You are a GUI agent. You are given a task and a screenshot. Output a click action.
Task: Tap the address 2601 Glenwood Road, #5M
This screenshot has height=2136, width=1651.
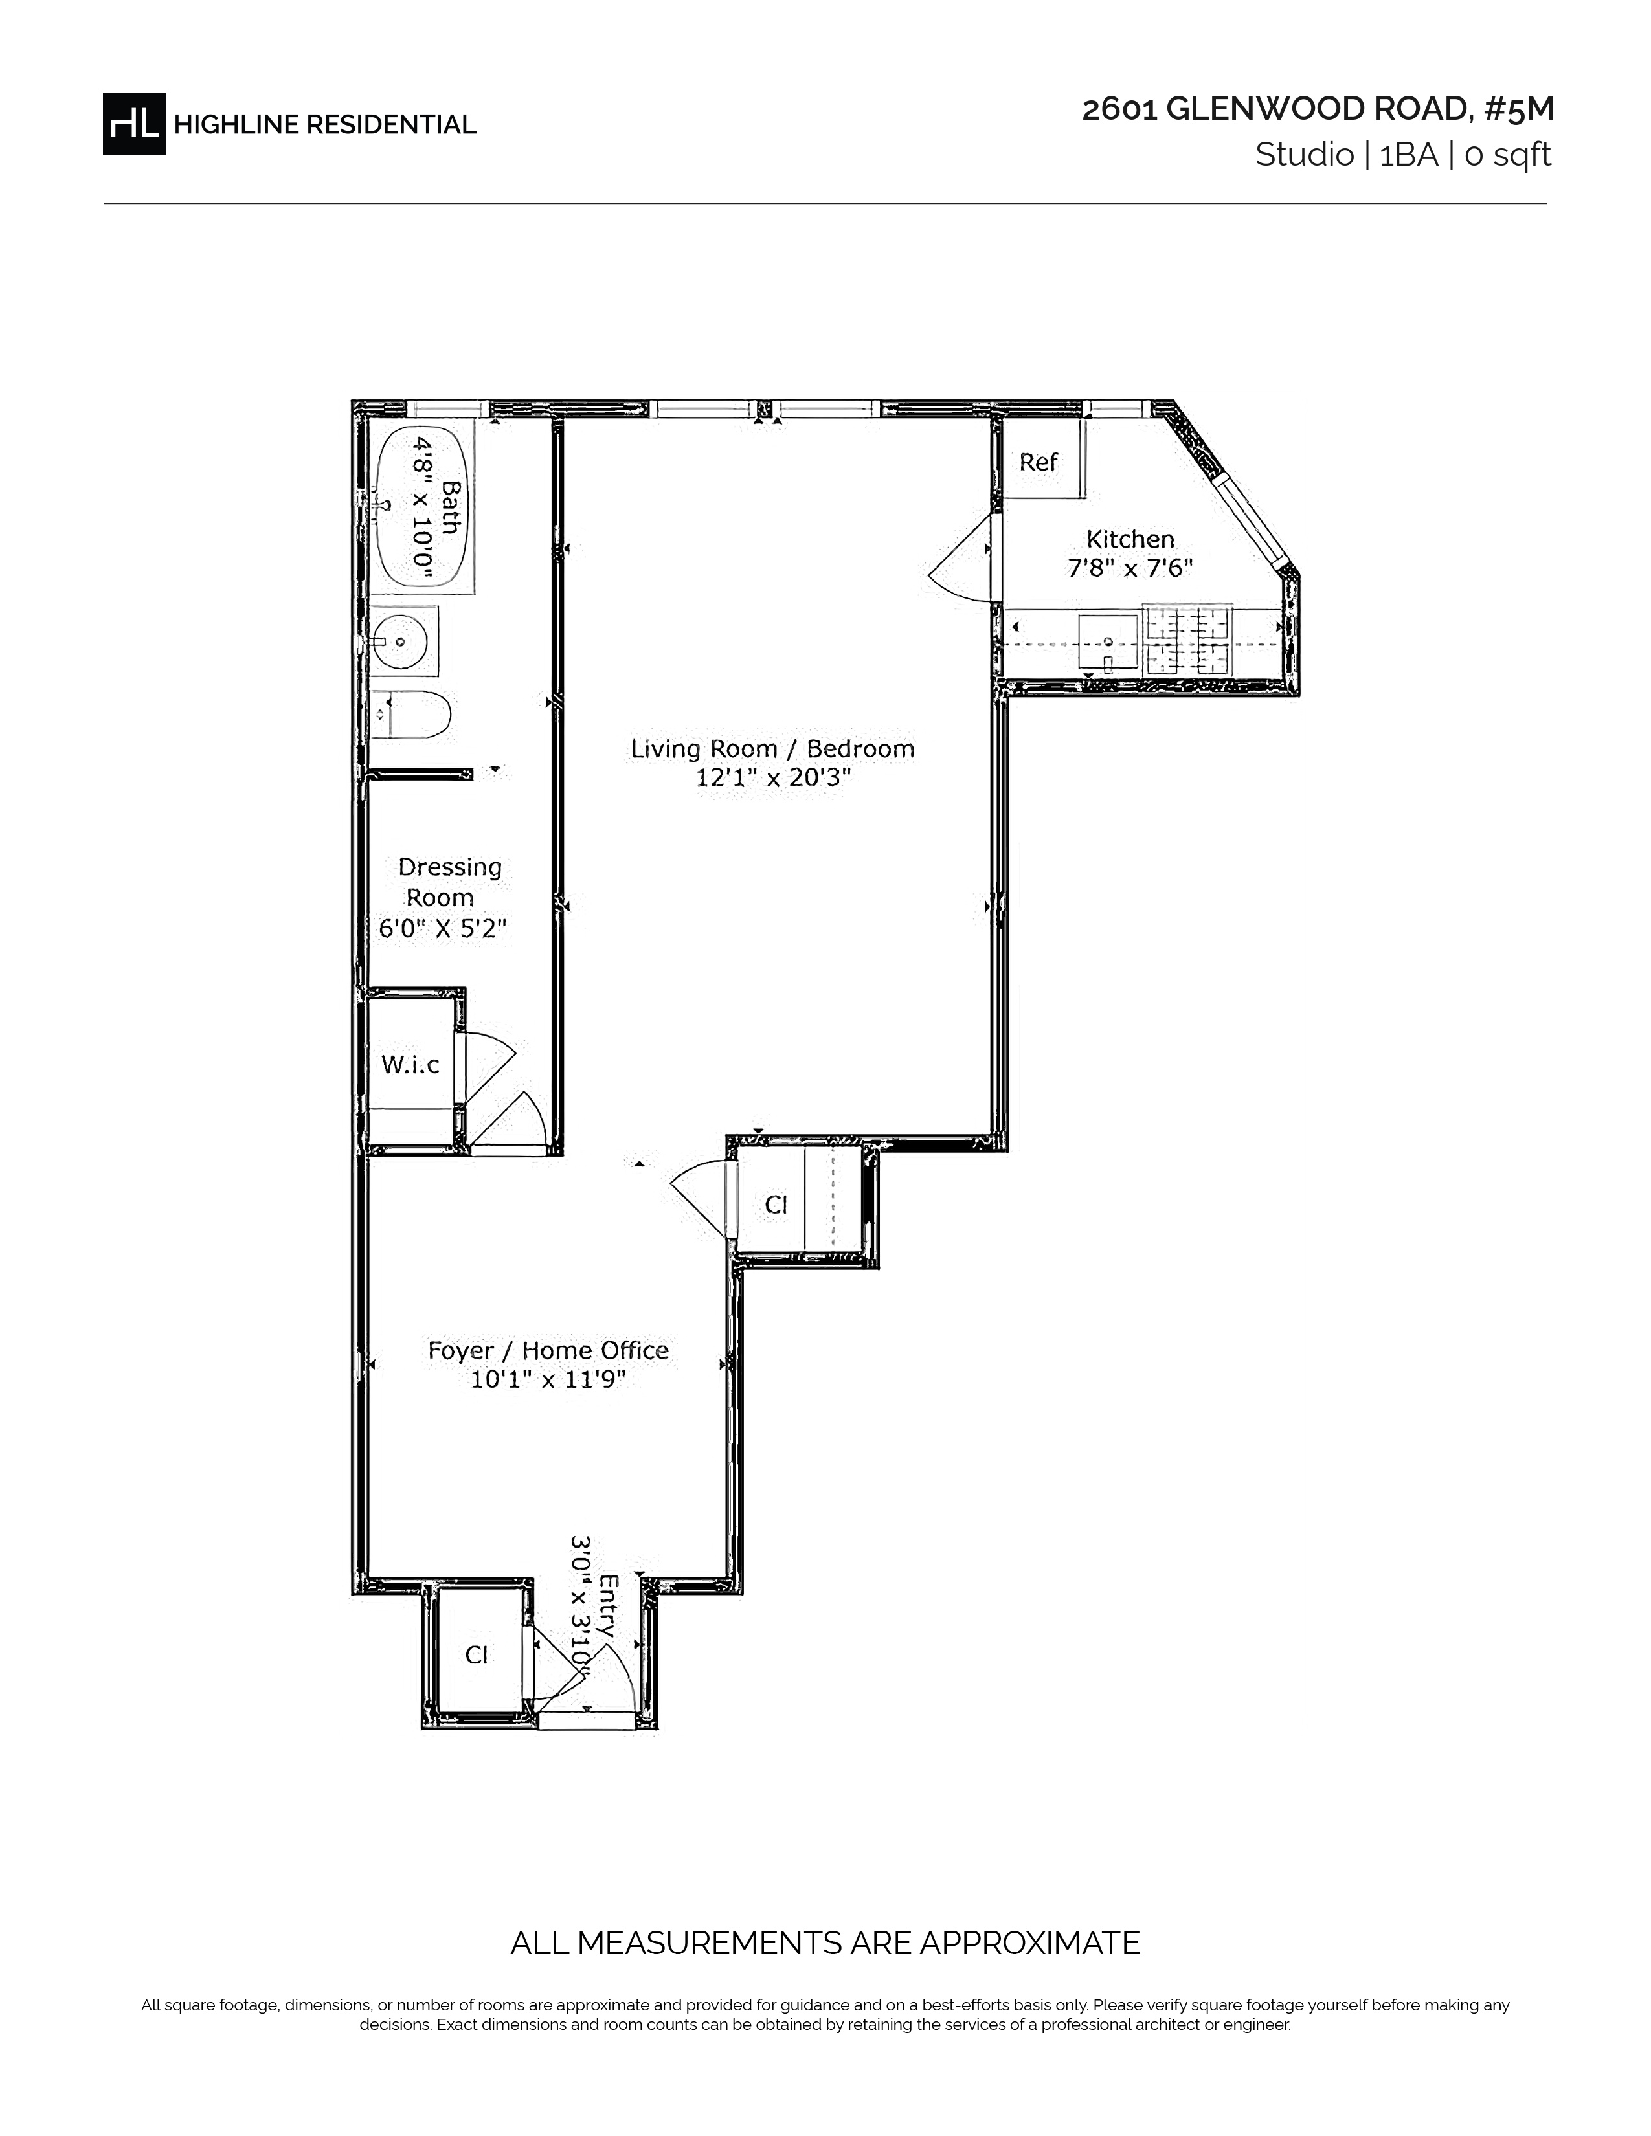(x=1318, y=109)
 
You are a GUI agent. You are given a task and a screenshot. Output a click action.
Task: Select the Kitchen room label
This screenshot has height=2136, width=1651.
(x=1130, y=539)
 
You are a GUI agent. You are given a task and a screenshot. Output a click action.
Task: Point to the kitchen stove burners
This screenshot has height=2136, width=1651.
(x=1187, y=641)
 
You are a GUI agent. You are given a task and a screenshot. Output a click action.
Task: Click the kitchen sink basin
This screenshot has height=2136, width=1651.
(x=1109, y=643)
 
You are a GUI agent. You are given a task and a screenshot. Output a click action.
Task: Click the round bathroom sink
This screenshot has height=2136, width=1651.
(x=398, y=641)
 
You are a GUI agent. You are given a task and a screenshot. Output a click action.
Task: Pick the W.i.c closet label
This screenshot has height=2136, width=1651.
(x=410, y=1064)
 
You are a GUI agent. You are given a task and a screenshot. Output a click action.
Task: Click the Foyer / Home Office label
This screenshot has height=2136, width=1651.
(x=548, y=1350)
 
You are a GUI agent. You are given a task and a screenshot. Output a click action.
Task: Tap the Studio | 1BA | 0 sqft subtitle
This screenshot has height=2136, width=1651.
(x=1404, y=155)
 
